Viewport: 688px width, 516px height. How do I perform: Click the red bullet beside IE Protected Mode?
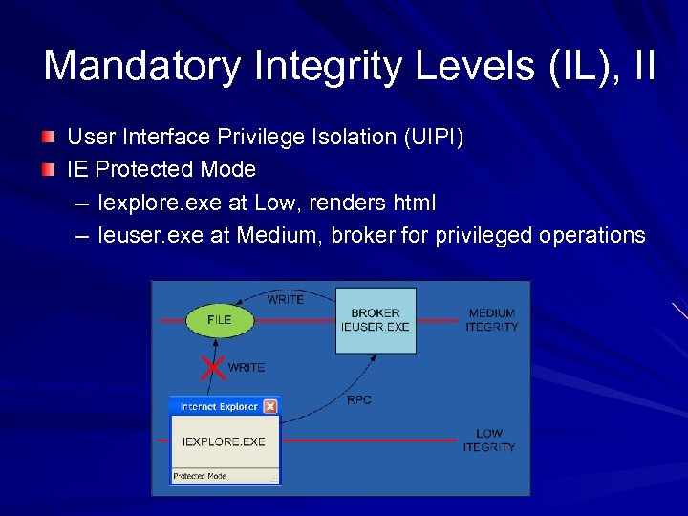coord(50,170)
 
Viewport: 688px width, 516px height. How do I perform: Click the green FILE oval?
coord(219,320)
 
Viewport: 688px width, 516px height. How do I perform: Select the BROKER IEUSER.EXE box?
coord(376,320)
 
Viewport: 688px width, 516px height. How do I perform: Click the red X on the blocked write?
coord(213,366)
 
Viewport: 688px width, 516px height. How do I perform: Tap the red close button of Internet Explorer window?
coord(270,406)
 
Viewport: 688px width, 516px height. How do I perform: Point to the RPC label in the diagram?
coord(358,399)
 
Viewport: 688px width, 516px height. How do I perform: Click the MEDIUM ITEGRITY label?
coord(491,320)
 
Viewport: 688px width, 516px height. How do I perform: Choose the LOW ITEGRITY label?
coord(488,441)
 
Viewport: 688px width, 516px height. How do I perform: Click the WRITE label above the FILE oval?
coord(285,299)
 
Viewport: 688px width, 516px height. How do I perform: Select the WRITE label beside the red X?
coord(247,367)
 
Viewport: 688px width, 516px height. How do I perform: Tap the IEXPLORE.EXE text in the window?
coord(224,441)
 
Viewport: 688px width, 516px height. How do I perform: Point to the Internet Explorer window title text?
coord(219,406)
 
